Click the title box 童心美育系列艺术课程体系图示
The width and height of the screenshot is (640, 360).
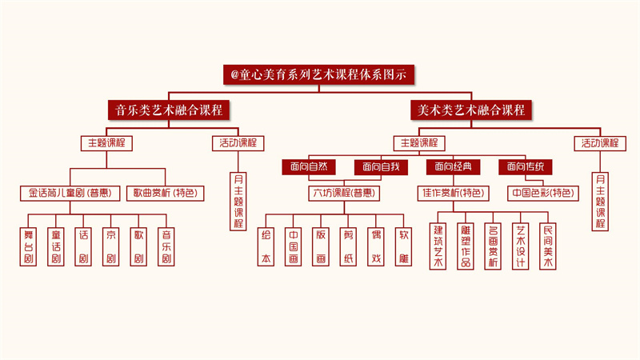pos(319,74)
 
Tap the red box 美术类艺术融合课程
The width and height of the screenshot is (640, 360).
pos(472,110)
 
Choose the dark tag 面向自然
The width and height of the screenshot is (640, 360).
pos(309,166)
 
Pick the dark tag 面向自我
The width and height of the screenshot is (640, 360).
pos(380,166)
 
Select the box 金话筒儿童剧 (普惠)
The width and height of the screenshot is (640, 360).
pos(70,193)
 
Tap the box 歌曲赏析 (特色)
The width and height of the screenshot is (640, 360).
pos(165,193)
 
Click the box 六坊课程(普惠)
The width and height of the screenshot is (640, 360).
pos(343,193)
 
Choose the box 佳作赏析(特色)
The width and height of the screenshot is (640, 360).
pos(452,193)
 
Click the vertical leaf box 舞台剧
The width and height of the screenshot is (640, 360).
pos(29,246)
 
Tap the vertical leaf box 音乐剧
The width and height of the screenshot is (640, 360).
pos(166,246)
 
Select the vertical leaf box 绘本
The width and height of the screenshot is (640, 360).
pos(266,246)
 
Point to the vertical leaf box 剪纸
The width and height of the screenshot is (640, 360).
pos(350,246)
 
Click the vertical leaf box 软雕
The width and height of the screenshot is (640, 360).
pos(405,246)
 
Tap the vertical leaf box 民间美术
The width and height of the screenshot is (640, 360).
pos(548,246)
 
